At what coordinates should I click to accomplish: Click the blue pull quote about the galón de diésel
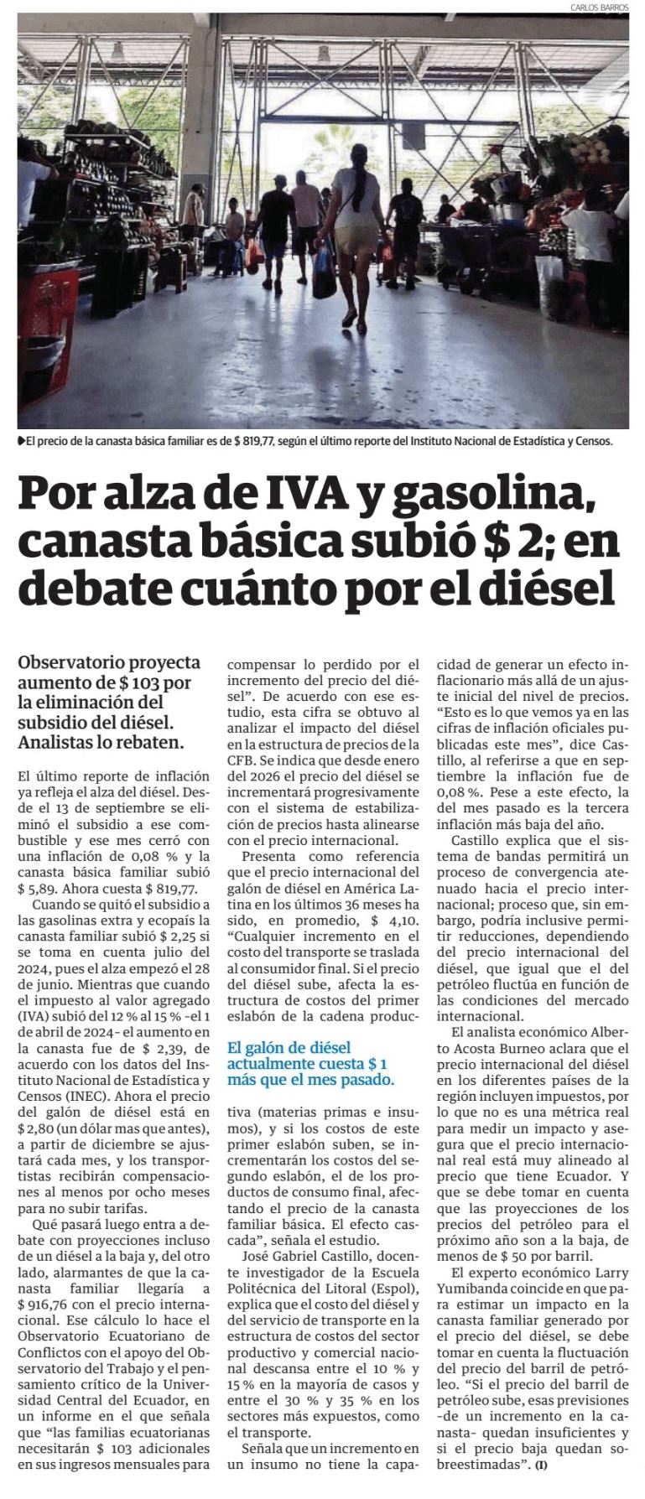tap(309, 1063)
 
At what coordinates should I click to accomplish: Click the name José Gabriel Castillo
tap(306, 1256)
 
